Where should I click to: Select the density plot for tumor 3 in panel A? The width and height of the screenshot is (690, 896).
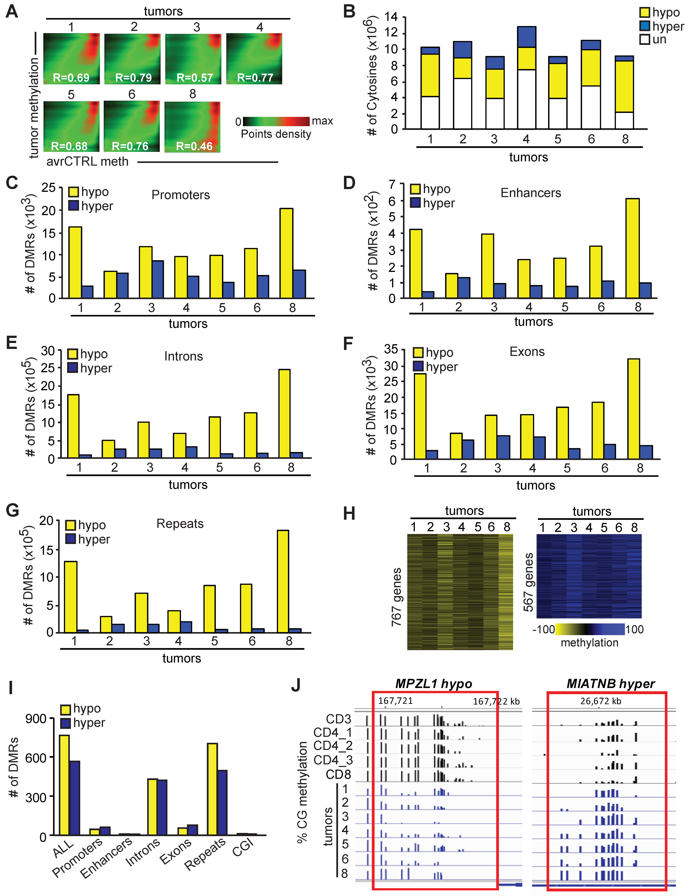[x=193, y=59]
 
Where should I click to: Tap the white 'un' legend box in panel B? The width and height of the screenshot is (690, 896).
[x=644, y=39]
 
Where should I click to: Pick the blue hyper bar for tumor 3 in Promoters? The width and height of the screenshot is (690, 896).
[x=157, y=279]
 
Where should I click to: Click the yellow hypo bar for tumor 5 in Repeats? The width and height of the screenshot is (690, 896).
[x=209, y=608]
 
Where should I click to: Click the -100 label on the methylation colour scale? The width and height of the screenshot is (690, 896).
[x=543, y=629]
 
